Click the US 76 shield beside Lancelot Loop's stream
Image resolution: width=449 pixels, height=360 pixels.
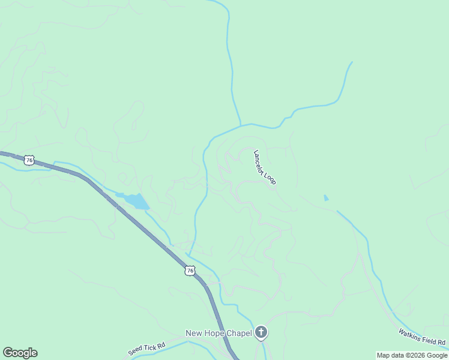coord(190,271)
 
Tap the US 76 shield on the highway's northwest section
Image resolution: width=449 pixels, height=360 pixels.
coord(29,161)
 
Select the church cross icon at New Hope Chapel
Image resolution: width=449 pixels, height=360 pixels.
coord(261,332)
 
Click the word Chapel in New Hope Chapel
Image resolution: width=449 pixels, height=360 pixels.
coord(238,334)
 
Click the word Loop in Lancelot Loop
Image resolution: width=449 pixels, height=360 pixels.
coord(271,178)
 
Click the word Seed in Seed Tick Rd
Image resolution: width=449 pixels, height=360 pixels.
coord(135,352)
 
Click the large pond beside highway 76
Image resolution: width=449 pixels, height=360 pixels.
coord(136,201)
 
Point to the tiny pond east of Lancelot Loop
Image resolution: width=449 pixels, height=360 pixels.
coord(326,197)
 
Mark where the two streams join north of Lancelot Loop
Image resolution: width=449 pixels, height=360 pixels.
coord(241,125)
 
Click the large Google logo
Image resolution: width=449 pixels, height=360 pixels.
coord(20,353)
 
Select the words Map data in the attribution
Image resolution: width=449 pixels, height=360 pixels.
coord(391,355)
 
